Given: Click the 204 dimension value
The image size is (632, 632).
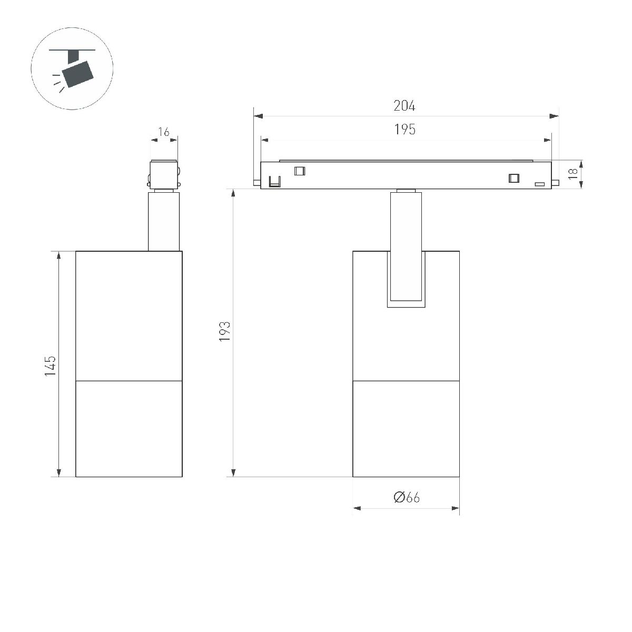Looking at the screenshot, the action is (x=404, y=106).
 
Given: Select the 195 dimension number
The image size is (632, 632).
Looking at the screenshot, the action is (x=404, y=129).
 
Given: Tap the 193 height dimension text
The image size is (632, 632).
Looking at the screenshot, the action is (x=225, y=332).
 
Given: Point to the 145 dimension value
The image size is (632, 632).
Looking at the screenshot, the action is (x=51, y=366).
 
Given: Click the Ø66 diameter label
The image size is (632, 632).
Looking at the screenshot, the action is (x=407, y=497).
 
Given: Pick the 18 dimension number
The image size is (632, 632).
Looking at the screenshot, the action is (x=573, y=174).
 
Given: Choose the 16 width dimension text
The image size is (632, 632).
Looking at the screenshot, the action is (x=164, y=132).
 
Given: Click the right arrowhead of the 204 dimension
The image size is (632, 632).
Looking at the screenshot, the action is (x=554, y=116).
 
